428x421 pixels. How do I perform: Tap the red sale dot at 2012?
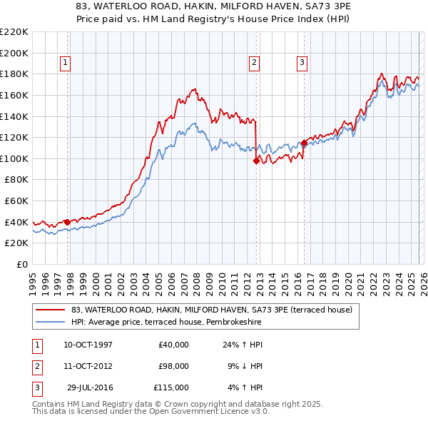[256, 161]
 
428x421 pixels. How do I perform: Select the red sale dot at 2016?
[304, 143]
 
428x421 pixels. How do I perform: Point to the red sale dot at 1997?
[67, 222]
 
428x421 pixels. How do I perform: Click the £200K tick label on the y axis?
[14, 53]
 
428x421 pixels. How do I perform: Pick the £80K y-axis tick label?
[16, 180]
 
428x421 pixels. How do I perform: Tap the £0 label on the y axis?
[22, 264]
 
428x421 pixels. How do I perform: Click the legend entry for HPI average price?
[166, 323]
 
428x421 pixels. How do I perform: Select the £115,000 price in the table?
[171, 387]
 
